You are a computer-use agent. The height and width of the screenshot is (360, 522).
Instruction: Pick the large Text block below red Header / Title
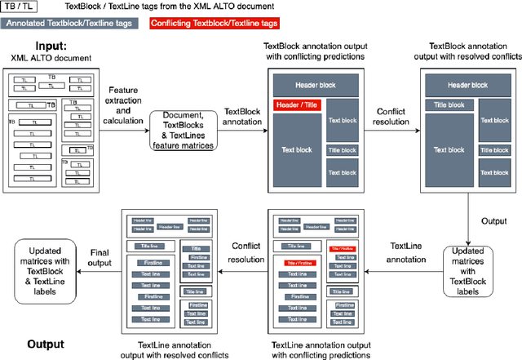pyautogui.click(x=297, y=150)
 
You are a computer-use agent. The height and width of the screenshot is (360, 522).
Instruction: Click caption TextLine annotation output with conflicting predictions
pyautogui.click(x=321, y=349)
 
